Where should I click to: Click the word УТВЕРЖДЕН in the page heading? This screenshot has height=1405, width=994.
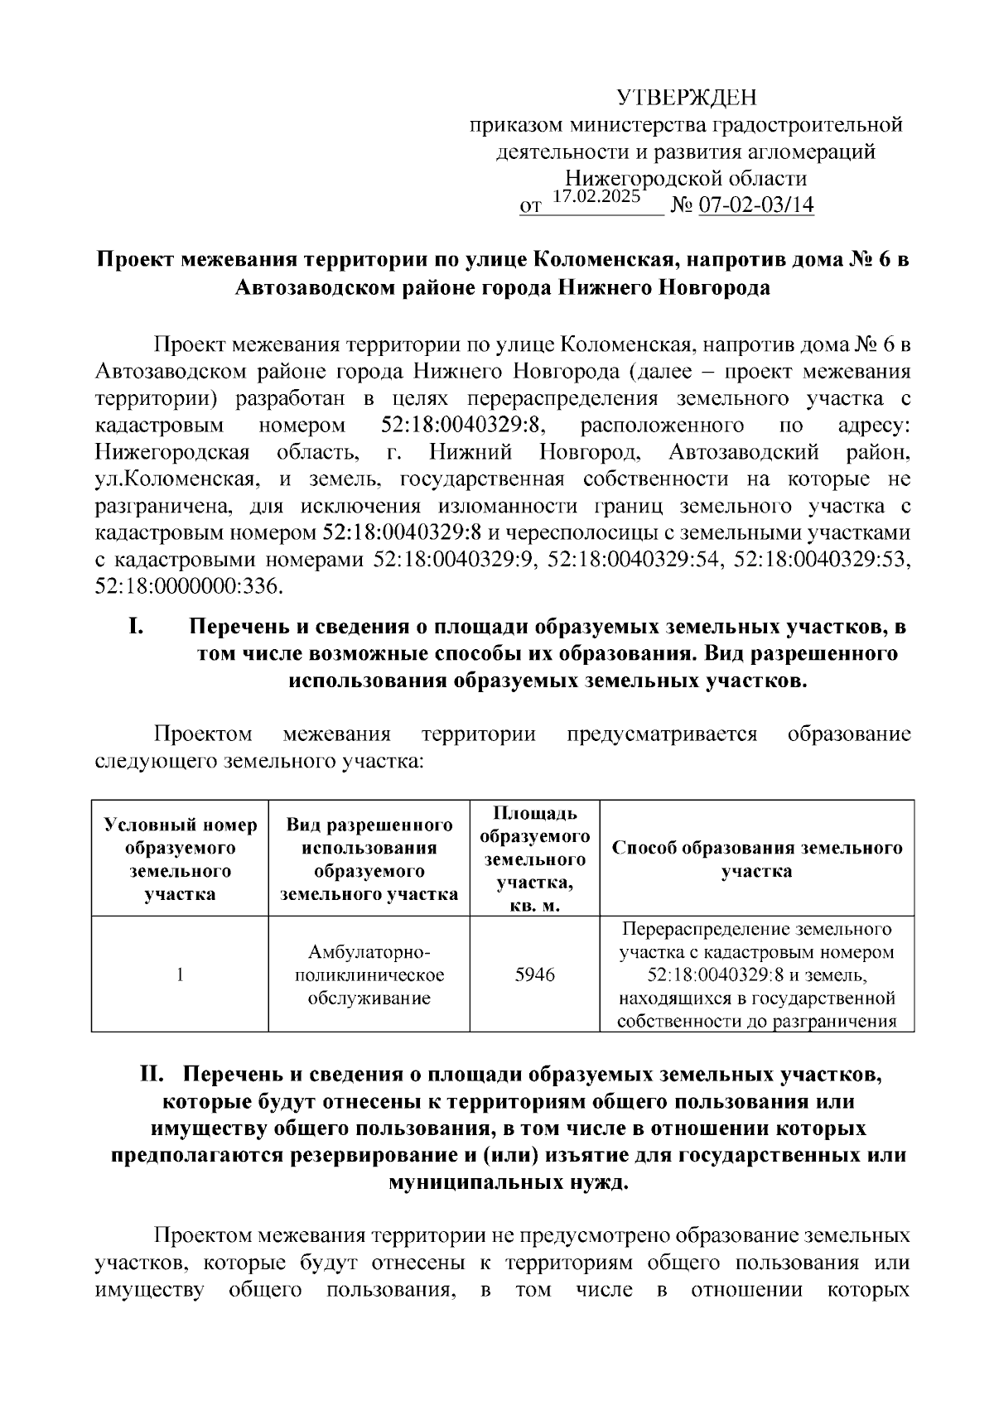pyautogui.click(x=687, y=99)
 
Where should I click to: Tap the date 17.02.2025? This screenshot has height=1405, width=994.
pyautogui.click(x=596, y=197)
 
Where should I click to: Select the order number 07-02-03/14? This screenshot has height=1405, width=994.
pyautogui.click(x=756, y=205)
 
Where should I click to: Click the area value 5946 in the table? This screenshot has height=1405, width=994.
pyautogui.click(x=534, y=974)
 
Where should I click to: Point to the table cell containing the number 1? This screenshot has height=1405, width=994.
pyautogui.click(x=180, y=974)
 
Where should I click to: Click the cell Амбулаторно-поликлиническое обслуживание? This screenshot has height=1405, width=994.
pyautogui.click(x=369, y=974)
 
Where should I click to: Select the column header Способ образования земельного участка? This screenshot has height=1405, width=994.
pyautogui.click(x=756, y=859)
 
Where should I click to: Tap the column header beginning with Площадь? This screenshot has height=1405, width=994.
pyautogui.click(x=534, y=859)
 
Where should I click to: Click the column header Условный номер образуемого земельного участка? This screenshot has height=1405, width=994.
pyautogui.click(x=180, y=859)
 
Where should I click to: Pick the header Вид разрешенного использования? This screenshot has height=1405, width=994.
pyautogui.click(x=369, y=859)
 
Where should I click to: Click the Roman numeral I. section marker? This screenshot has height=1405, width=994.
pyautogui.click(x=137, y=627)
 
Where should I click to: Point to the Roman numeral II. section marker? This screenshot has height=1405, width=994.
pyautogui.click(x=156, y=1075)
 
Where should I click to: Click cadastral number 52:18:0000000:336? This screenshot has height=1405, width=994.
pyautogui.click(x=189, y=587)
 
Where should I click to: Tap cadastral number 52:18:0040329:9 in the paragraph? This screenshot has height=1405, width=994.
pyautogui.click(x=456, y=560)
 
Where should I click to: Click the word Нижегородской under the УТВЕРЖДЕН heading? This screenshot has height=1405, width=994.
pyautogui.click(x=634, y=178)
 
